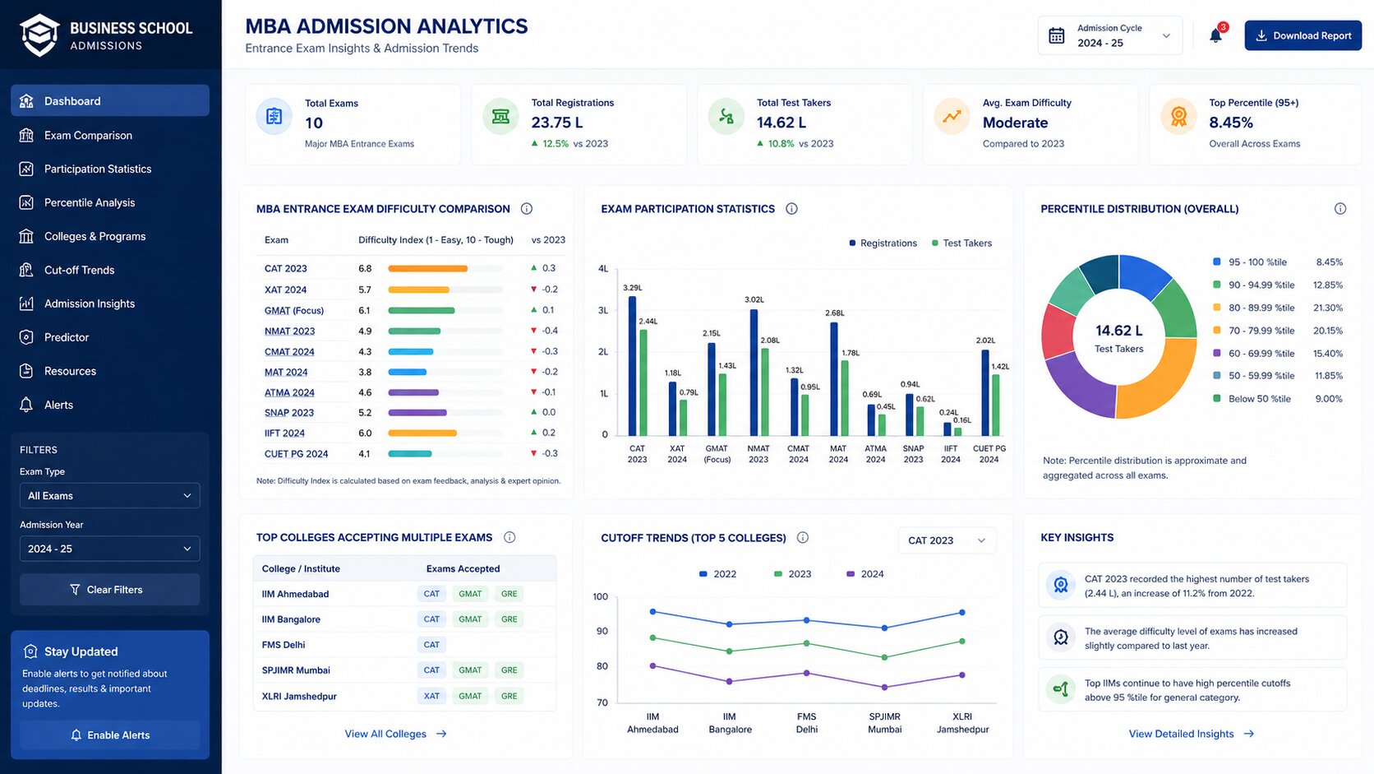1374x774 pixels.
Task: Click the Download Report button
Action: [x=1303, y=35]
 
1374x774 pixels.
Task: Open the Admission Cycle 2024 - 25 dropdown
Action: [x=1109, y=35]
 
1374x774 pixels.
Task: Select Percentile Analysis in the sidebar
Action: [x=89, y=202]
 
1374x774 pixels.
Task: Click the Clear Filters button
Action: [x=110, y=589]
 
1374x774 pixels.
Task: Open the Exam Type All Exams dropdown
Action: [x=110, y=495]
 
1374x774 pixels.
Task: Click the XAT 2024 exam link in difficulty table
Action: [x=285, y=289]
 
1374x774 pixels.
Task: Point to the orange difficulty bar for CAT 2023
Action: [x=427, y=268]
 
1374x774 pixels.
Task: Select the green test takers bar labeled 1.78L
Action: [x=845, y=398]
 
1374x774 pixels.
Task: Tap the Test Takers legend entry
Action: [x=961, y=243]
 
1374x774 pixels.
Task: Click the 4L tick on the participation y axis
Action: [x=603, y=269]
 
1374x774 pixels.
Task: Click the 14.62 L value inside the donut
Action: [x=1118, y=331]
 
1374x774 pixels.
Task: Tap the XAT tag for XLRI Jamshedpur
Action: [x=431, y=696]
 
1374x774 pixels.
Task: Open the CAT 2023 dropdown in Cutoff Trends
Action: [x=947, y=540]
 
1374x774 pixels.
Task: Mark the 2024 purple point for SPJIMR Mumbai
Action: [x=884, y=688]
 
